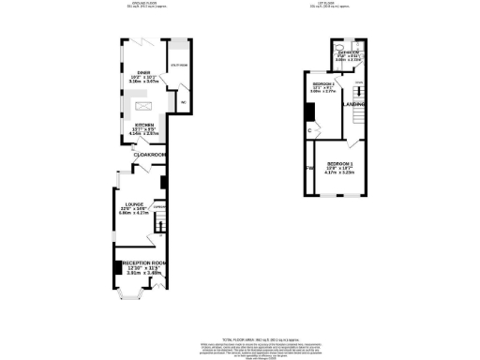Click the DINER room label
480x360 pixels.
point(142,72)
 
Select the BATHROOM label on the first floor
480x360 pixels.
point(349,52)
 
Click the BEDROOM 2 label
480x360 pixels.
point(323,85)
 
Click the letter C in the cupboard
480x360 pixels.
point(309,130)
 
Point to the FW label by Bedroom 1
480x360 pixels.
point(307,169)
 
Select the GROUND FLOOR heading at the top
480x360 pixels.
point(142,6)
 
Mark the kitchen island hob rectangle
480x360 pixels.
point(143,103)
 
